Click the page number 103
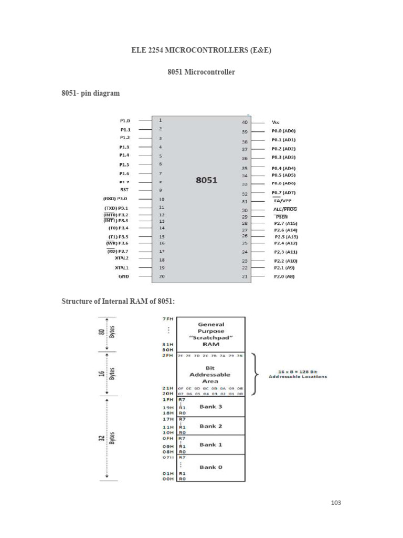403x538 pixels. click(336, 503)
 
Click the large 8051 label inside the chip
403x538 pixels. click(206, 180)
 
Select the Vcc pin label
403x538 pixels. click(275, 122)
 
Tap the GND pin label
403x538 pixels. click(124, 276)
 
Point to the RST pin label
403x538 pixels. click(124, 190)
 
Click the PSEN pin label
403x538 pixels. click(281, 216)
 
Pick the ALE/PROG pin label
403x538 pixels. click(285, 209)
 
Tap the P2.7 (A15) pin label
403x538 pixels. click(285, 223)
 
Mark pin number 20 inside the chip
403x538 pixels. click(162, 276)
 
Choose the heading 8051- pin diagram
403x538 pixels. click(91, 94)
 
